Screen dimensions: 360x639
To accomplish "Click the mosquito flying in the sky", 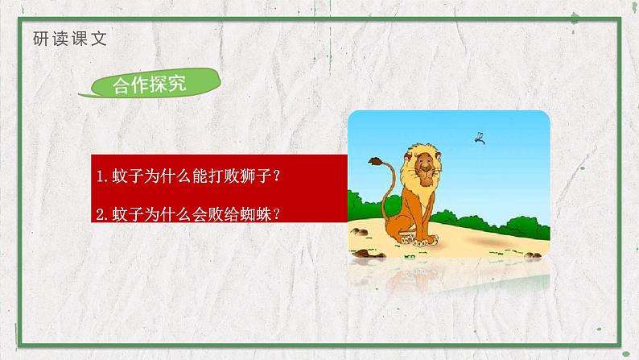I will tap(480, 138).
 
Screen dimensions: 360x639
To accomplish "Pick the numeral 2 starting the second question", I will tap(99, 214).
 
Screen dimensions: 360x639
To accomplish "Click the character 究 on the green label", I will tap(192, 84).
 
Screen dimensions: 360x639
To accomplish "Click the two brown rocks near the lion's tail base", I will tap(361, 233).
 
